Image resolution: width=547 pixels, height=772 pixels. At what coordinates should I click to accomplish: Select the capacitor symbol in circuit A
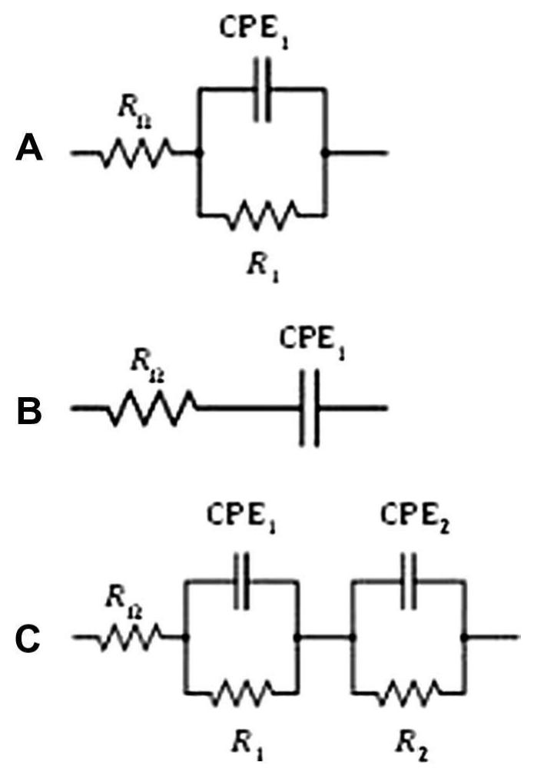262,98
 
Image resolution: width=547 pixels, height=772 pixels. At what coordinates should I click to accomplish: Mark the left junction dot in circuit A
199,153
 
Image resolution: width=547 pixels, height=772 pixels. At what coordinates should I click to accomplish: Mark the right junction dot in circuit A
326,153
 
